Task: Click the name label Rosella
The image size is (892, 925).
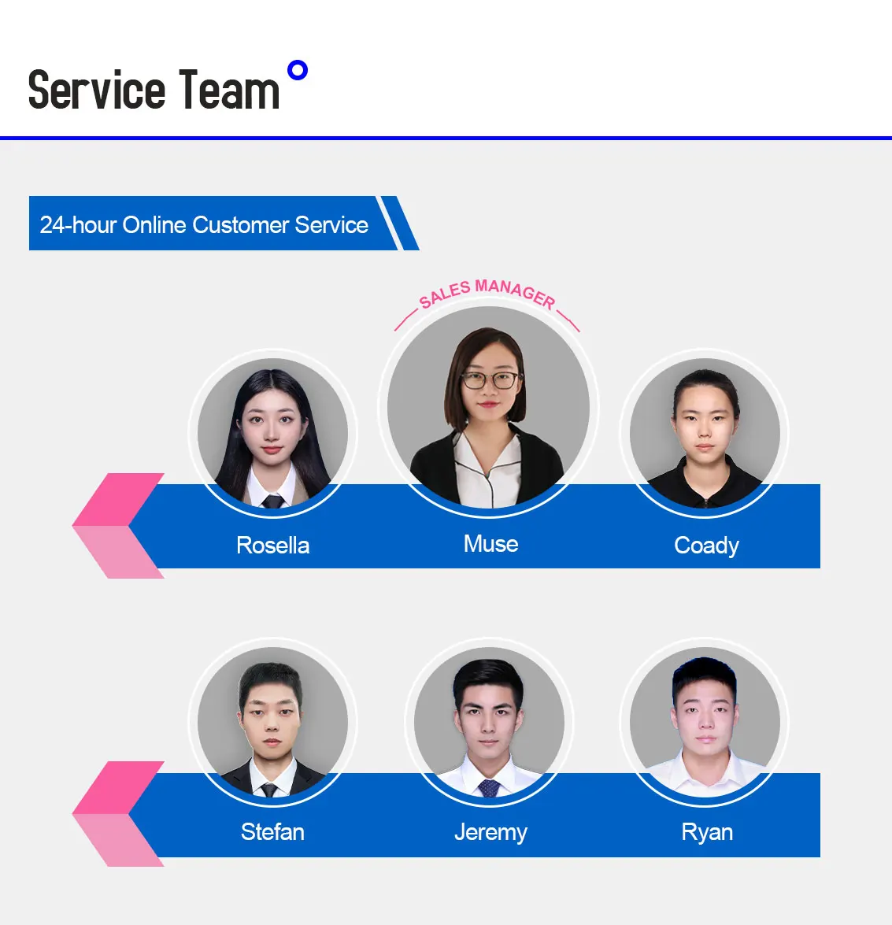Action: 272,545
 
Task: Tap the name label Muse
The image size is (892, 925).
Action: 490,543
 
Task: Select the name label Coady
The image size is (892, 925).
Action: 706,546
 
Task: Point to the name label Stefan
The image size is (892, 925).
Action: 272,831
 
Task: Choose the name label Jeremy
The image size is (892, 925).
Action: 490,832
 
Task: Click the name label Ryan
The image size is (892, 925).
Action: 707,832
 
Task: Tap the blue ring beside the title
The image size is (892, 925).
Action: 298,71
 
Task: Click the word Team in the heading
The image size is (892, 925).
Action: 228,90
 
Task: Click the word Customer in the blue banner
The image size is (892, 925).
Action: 241,225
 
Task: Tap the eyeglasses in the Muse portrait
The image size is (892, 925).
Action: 489,380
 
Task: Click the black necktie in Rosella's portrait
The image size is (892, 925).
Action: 272,500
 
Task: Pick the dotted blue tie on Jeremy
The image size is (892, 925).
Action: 489,787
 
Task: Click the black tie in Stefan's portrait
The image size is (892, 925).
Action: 270,789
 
